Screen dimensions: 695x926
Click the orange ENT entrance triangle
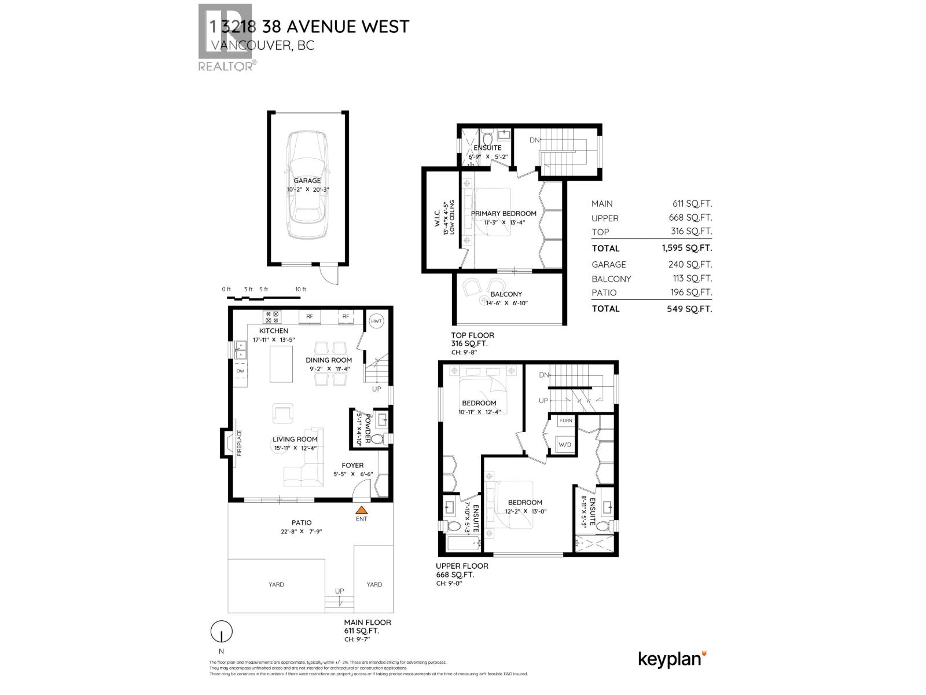click(x=361, y=510)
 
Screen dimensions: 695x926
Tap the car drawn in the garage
click(x=307, y=184)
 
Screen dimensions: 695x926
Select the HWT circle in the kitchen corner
click(x=377, y=321)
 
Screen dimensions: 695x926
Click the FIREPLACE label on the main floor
click(x=239, y=443)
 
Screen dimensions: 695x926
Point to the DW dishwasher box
click(x=240, y=371)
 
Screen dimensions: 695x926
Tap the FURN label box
click(x=565, y=420)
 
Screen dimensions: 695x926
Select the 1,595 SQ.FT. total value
click(x=687, y=248)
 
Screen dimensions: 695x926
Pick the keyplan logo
click(x=672, y=659)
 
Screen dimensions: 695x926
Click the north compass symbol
click(x=221, y=631)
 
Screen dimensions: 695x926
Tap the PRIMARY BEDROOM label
click(x=504, y=213)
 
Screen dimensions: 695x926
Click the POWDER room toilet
click(x=377, y=440)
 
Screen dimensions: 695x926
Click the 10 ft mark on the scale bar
click(x=300, y=290)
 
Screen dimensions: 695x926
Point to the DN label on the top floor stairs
click(x=534, y=140)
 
